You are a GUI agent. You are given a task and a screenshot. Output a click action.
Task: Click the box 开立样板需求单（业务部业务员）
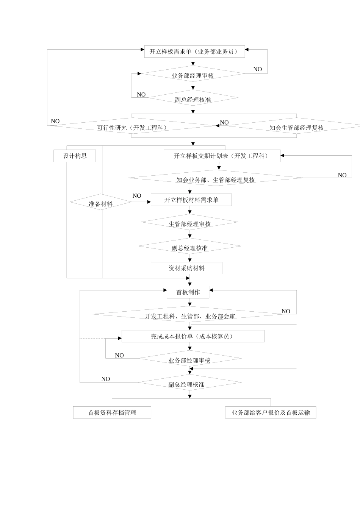point(194,52)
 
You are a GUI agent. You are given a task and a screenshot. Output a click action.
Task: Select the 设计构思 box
point(75,156)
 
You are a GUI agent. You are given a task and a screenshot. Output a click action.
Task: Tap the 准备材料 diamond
point(101,203)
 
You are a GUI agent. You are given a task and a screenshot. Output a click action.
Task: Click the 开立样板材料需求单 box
point(191,200)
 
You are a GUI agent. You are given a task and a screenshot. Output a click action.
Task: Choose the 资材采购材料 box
point(186,268)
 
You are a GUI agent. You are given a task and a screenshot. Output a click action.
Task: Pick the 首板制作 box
point(188,292)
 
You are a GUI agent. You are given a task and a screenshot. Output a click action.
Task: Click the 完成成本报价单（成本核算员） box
point(193,336)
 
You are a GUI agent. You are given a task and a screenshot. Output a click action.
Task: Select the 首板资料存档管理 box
point(112,412)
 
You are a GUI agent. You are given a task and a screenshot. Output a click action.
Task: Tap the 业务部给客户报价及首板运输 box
point(271,412)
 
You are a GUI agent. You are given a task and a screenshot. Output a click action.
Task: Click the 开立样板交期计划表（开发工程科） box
point(222,156)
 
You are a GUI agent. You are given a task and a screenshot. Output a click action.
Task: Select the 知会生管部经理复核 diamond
point(296,127)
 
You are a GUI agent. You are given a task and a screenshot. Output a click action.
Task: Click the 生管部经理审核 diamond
point(189,223)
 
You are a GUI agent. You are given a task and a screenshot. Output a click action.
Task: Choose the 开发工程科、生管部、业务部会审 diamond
point(189,316)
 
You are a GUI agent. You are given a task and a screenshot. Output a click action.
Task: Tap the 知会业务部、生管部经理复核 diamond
point(215,180)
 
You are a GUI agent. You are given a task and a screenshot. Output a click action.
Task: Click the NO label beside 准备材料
point(137,196)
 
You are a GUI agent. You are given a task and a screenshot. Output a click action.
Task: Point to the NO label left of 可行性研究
point(55,121)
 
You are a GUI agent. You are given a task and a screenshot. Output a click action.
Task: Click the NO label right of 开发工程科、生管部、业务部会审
point(286,311)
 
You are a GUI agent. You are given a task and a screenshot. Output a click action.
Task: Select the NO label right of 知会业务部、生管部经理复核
point(342,175)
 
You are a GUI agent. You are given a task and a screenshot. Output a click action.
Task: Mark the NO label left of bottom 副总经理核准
point(106,379)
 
